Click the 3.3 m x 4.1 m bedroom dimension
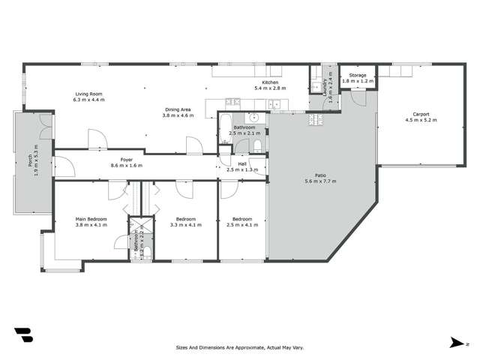(x=186, y=224)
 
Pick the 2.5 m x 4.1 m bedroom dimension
(x=242, y=224)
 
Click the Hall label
(x=242, y=163)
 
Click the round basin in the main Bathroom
(x=254, y=118)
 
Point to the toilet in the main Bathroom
(x=257, y=145)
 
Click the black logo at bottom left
(x=22, y=334)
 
